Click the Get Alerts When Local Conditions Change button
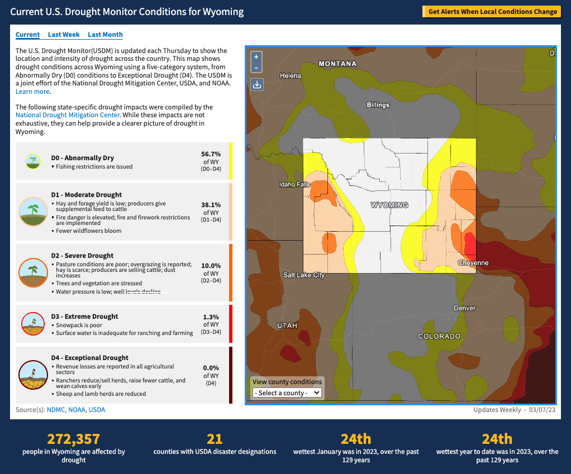pyautogui.click(x=492, y=11)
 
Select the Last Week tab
pyautogui.click(x=64, y=35)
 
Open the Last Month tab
pyautogui.click(x=105, y=35)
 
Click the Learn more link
pyautogui.click(x=32, y=92)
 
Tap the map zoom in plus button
pyautogui.click(x=256, y=57)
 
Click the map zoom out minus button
pyautogui.click(x=256, y=68)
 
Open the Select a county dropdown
pyautogui.click(x=287, y=392)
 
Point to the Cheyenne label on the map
pyautogui.click(x=473, y=263)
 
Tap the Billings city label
pyautogui.click(x=378, y=105)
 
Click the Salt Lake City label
pyautogui.click(x=304, y=275)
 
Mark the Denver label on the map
pyautogui.click(x=464, y=308)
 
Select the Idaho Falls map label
pyautogui.click(x=294, y=184)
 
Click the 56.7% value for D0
pyautogui.click(x=211, y=154)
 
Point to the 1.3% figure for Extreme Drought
pyautogui.click(x=211, y=317)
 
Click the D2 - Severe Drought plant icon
pyautogui.click(x=33, y=272)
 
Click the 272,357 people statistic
pyautogui.click(x=74, y=439)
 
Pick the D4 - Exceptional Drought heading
pyautogui.click(x=89, y=358)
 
